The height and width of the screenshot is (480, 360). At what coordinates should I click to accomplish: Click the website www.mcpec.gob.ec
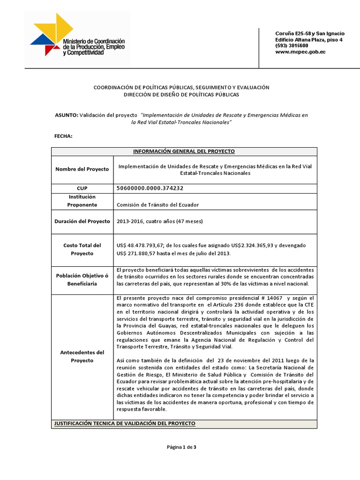tap(300, 52)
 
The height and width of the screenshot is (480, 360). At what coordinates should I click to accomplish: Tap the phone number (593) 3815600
tap(292, 46)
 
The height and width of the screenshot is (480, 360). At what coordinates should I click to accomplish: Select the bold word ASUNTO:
tap(66, 115)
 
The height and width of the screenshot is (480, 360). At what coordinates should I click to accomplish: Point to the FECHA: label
tap(64, 136)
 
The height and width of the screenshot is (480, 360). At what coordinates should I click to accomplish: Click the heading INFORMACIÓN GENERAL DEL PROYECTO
tap(184, 151)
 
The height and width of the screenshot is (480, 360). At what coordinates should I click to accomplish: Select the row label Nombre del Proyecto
tap(82, 169)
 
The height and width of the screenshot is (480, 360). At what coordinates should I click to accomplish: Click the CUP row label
tap(82, 188)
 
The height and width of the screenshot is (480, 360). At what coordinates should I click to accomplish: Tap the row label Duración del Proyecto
tap(82, 222)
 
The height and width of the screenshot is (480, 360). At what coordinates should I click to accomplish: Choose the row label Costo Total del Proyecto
tap(82, 249)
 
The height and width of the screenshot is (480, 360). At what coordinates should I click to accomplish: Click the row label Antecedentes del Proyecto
tap(82, 356)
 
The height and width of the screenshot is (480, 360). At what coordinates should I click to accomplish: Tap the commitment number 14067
tap(276, 298)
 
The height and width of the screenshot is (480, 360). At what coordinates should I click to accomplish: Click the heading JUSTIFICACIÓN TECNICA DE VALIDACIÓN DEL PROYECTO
tap(125, 424)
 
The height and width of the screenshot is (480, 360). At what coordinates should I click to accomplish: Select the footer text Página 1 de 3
tap(181, 447)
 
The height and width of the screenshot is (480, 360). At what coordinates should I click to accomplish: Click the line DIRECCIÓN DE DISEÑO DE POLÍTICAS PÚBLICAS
tap(181, 95)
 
